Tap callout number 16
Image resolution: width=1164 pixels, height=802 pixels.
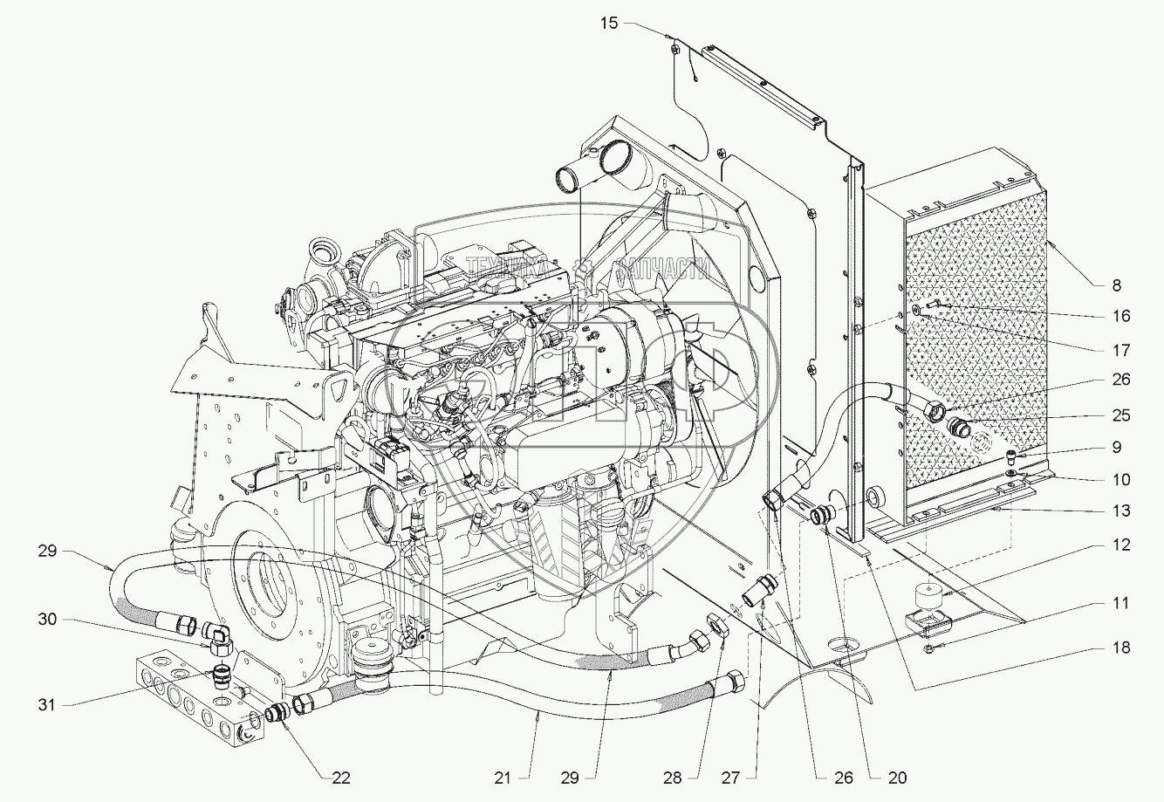click(x=1121, y=316)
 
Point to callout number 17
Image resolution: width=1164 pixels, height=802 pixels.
click(x=1121, y=351)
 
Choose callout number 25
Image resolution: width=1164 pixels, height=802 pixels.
click(x=1121, y=415)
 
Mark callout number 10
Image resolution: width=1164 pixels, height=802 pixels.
click(x=1121, y=479)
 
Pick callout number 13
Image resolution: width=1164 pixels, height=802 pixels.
click(x=1121, y=511)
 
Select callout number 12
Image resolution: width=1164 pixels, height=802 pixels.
click(x=1121, y=545)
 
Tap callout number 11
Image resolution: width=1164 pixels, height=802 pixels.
click(x=1121, y=603)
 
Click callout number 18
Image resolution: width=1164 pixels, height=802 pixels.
click(x=1121, y=647)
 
